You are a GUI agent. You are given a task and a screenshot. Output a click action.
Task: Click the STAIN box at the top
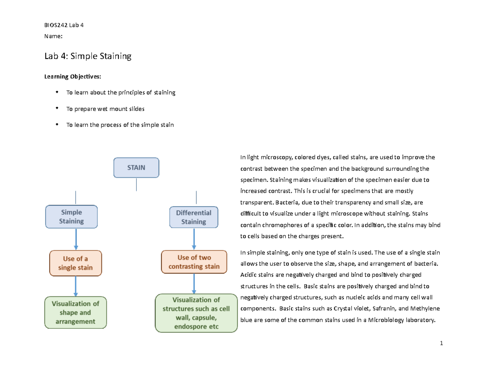[x=136, y=168]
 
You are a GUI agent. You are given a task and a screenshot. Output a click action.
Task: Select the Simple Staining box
[x=72, y=217]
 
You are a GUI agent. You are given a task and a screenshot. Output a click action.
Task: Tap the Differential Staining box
[x=194, y=217]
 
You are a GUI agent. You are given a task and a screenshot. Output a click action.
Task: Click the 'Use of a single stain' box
[x=76, y=263]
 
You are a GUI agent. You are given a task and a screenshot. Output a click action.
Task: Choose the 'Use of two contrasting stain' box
[x=194, y=262]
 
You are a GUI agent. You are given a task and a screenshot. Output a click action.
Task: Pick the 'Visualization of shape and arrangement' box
[x=76, y=312]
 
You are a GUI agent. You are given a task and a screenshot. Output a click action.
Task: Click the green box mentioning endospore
[x=196, y=313]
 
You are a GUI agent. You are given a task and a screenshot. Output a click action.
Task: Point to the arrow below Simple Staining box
[x=76, y=239]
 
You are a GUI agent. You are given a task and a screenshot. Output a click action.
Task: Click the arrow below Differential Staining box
[x=194, y=239]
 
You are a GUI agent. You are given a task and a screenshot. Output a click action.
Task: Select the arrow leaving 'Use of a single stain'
[x=76, y=286]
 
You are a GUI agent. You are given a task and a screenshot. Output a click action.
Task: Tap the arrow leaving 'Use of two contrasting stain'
[x=194, y=283]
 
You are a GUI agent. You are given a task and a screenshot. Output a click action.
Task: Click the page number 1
[x=441, y=343]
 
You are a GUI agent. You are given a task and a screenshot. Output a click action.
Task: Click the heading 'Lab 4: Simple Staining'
[x=88, y=56]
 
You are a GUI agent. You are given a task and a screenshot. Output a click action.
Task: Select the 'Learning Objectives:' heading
[x=72, y=76]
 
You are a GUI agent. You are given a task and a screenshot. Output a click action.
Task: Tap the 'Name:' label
[x=53, y=36]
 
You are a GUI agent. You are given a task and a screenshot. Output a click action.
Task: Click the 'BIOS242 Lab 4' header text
[x=64, y=25]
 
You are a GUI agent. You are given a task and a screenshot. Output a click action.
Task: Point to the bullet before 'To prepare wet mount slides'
[x=57, y=108]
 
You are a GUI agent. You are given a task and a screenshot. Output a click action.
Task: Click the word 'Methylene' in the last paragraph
[x=425, y=309]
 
